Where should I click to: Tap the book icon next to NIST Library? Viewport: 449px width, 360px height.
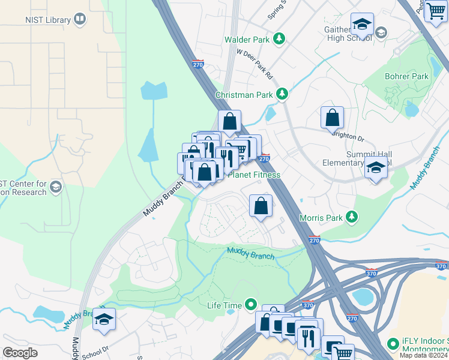pyautogui.click(x=79, y=20)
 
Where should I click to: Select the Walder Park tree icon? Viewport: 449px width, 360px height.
pyautogui.click(x=279, y=40)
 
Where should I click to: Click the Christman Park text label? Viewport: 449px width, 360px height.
pyautogui.click(x=244, y=95)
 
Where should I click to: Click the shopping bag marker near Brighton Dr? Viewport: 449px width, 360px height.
pyautogui.click(x=332, y=119)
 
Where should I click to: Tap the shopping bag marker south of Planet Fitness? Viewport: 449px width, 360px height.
pyautogui.click(x=261, y=206)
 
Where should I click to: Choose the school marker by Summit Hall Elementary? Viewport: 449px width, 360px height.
pyautogui.click(x=376, y=168)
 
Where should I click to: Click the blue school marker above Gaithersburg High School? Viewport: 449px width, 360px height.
pyautogui.click(x=362, y=25)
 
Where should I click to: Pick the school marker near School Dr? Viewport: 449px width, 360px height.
pyautogui.click(x=104, y=320)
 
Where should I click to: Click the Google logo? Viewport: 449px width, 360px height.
pyautogui.click(x=20, y=353)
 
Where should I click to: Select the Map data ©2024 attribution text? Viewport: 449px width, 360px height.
pyautogui.click(x=423, y=355)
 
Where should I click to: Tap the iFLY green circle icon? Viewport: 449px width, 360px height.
pyautogui.click(x=393, y=344)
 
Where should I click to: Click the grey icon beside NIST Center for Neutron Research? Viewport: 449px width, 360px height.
pyautogui.click(x=56, y=187)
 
